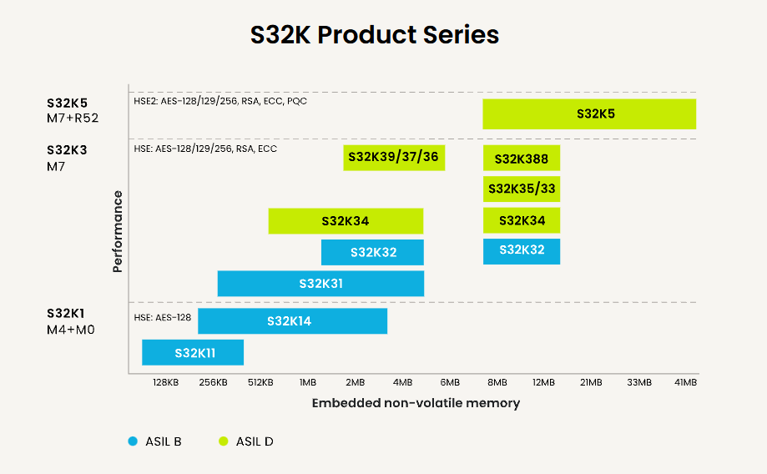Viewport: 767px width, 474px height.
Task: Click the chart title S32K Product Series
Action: pyautogui.click(x=375, y=35)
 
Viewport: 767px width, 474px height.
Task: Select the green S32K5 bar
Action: pyautogui.click(x=589, y=113)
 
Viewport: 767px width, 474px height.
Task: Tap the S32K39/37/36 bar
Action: pyautogui.click(x=393, y=157)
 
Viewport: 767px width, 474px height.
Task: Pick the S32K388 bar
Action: pyautogui.click(x=521, y=158)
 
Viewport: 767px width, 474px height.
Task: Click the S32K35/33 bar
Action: pyautogui.click(x=521, y=189)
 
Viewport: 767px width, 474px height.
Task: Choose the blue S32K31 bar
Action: pyautogui.click(x=320, y=284)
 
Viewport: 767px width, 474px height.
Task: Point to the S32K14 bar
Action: pyautogui.click(x=292, y=320)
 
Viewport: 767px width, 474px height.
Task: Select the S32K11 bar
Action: pyautogui.click(x=193, y=352)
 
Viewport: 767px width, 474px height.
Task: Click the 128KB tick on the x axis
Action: pyautogui.click(x=165, y=382)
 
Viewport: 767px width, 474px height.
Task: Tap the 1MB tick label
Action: pyautogui.click(x=307, y=382)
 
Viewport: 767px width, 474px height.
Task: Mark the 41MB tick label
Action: pyautogui.click(x=685, y=382)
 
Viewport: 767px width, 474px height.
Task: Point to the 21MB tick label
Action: pyautogui.click(x=591, y=382)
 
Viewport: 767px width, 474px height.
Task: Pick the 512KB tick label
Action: pyautogui.click(x=260, y=382)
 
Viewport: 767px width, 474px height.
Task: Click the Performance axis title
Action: pyautogui.click(x=118, y=232)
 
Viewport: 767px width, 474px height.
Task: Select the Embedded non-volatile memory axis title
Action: pyautogui.click(x=416, y=403)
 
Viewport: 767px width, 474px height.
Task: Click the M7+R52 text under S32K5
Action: pyautogui.click(x=73, y=118)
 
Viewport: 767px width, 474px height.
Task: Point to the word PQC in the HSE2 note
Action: pyautogui.click(x=296, y=101)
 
